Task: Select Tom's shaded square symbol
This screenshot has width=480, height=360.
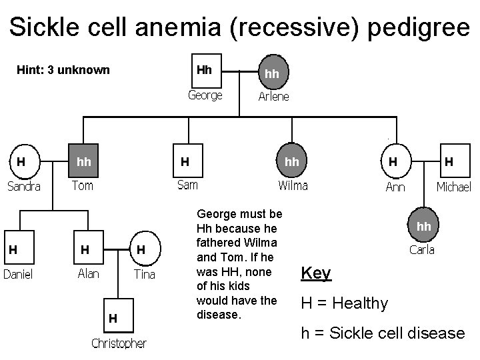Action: tap(84, 161)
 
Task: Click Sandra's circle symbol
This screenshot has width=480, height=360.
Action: tap(22, 161)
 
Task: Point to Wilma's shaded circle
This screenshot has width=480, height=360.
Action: tap(292, 161)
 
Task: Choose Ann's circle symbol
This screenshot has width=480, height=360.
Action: tap(395, 161)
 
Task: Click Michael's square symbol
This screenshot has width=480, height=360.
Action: tap(450, 161)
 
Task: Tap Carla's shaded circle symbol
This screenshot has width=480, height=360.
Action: tap(424, 227)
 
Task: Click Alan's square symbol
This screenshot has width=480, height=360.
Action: tap(85, 249)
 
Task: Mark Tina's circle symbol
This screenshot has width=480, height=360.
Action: tap(142, 249)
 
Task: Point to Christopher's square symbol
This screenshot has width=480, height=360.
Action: tap(114, 319)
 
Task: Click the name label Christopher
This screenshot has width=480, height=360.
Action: tap(119, 343)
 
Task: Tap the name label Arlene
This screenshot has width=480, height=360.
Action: tap(273, 97)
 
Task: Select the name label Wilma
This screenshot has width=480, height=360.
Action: tap(293, 185)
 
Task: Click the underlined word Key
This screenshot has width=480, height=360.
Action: tap(315, 273)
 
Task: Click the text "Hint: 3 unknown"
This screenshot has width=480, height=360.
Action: tap(63, 70)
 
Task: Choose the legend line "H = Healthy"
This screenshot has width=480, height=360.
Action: tap(344, 303)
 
